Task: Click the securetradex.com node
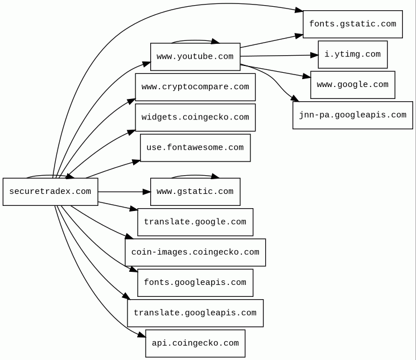(x=50, y=192)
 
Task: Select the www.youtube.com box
(x=195, y=57)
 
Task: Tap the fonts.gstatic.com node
(x=352, y=24)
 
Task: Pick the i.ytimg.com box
(x=352, y=55)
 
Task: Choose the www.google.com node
(x=352, y=85)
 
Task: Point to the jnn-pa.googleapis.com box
(x=352, y=115)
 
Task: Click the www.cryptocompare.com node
(x=195, y=87)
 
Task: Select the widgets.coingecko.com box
(x=195, y=118)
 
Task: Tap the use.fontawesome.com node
(x=195, y=148)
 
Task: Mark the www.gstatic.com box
(x=195, y=192)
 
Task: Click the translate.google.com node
(x=195, y=222)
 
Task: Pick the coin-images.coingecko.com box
(x=195, y=253)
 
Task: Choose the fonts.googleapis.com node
(x=195, y=283)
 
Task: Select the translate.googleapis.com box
(x=195, y=313)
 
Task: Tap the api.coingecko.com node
(x=195, y=344)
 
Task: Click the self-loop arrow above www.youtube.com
(x=195, y=40)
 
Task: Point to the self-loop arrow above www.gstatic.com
(x=195, y=175)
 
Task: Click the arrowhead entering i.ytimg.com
(x=314, y=55)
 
